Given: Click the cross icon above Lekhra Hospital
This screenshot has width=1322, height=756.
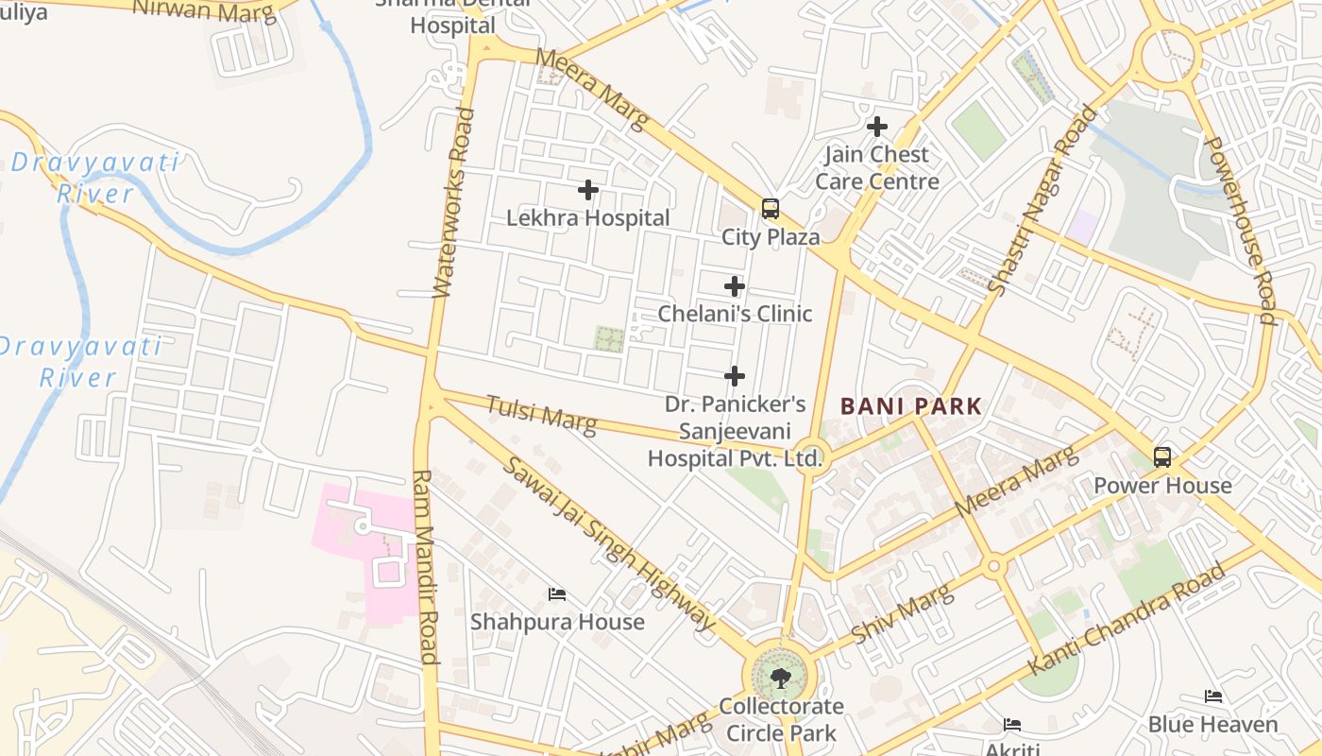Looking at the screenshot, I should (x=588, y=190).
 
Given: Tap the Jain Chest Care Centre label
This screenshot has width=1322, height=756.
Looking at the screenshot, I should (x=877, y=167).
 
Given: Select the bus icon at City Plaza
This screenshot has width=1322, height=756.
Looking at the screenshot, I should (x=771, y=209).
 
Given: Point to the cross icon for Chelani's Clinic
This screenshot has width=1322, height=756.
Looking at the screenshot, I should (x=735, y=286).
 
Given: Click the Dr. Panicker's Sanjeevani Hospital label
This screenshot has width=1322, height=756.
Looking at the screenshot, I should (x=736, y=432).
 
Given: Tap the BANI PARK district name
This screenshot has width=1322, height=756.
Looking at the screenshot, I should (x=911, y=406).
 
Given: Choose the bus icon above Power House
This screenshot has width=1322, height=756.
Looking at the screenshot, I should (x=1162, y=457).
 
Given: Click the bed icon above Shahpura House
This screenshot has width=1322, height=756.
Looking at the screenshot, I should (x=557, y=594).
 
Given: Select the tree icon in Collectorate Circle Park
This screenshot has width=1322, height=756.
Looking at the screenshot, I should (x=780, y=677).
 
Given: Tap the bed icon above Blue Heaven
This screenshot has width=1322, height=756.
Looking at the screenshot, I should (x=1213, y=696).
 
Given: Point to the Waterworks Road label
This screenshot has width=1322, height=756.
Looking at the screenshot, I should (x=452, y=202).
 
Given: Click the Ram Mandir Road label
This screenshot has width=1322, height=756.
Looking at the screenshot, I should (x=425, y=567).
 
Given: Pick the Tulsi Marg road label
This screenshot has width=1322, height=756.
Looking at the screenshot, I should (x=541, y=416).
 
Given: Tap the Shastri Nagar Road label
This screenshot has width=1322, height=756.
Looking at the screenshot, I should (x=1042, y=198).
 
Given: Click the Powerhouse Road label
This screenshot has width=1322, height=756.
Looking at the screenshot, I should (x=1241, y=230).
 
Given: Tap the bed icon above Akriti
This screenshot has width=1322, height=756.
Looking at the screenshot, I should (x=1012, y=725).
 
